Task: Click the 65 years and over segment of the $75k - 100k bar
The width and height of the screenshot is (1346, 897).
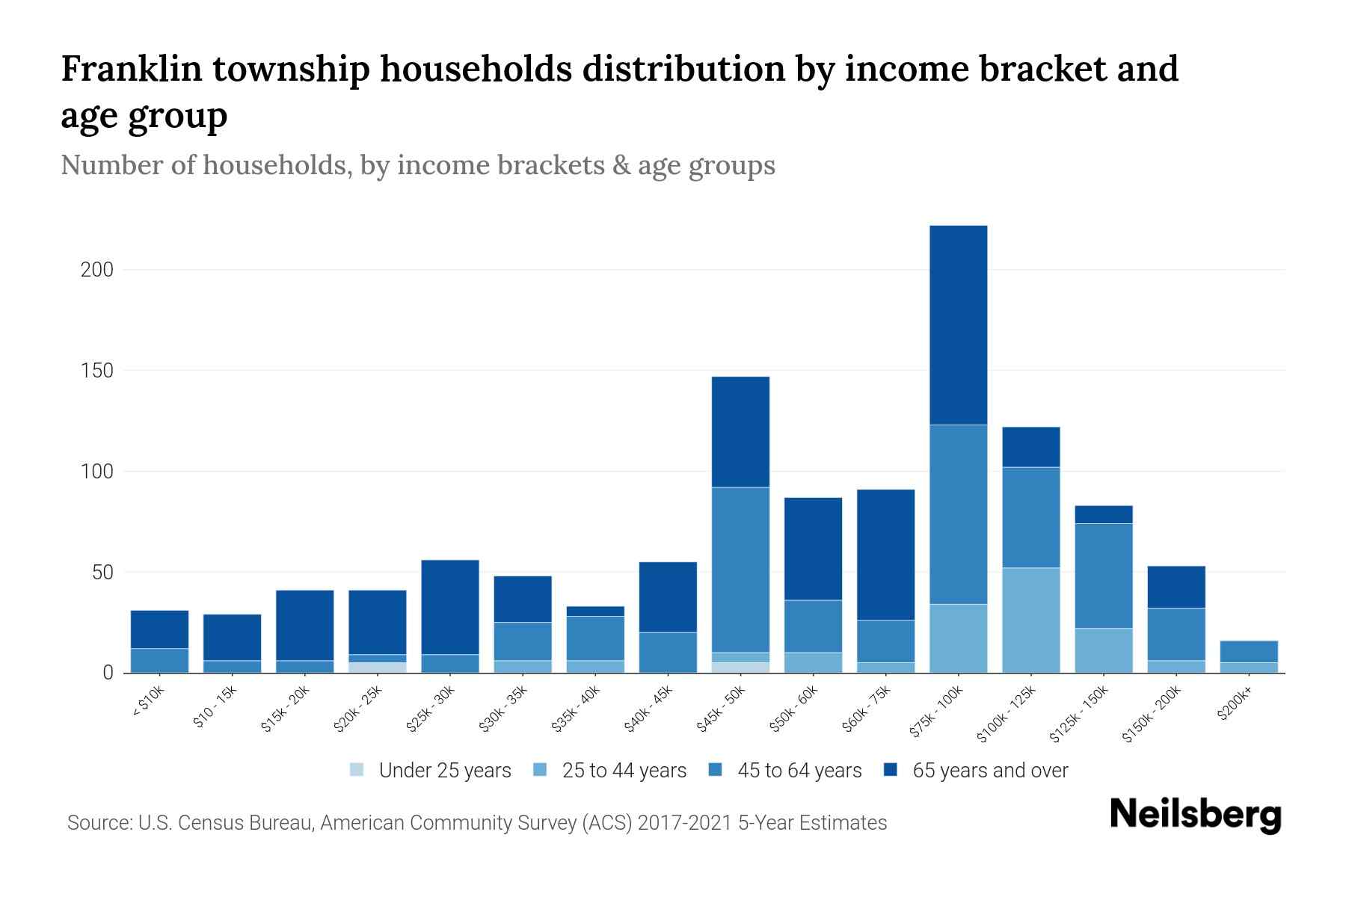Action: [x=958, y=325]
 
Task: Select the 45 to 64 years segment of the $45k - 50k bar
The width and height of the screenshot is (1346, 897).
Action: [x=740, y=570]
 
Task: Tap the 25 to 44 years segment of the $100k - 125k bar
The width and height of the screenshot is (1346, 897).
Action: [x=1030, y=620]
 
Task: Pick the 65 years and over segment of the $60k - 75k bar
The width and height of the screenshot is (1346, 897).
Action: [x=885, y=555]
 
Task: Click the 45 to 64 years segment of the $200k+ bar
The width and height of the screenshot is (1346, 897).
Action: [x=1248, y=652]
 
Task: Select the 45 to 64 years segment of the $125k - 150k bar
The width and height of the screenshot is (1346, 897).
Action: [x=1103, y=576]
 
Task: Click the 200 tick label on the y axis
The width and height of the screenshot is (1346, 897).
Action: [x=96, y=270]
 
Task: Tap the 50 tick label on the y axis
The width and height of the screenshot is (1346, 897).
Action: [x=102, y=573]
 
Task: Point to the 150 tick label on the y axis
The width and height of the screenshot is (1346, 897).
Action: [x=96, y=371]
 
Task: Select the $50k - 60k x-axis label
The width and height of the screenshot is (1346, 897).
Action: [x=794, y=709]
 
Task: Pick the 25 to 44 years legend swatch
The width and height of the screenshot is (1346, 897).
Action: [x=540, y=770]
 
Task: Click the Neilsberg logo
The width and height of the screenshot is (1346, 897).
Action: [x=1195, y=815]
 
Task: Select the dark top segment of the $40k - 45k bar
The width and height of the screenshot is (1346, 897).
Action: [x=668, y=597]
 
